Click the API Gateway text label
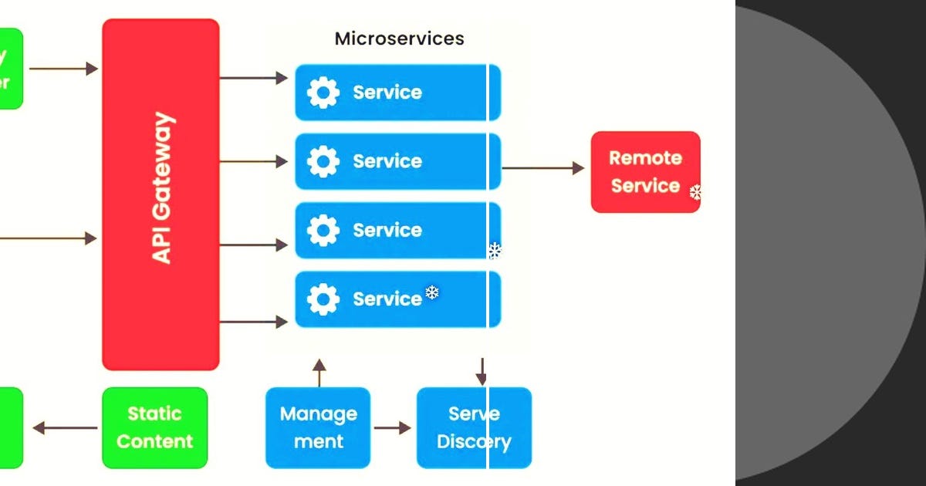(x=162, y=188)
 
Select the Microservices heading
(x=399, y=39)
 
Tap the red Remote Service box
(x=645, y=171)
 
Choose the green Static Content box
(x=154, y=427)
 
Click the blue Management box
(x=318, y=427)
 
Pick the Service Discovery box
(x=474, y=427)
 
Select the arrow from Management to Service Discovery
(x=393, y=427)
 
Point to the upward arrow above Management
(x=319, y=371)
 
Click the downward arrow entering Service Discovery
(x=481, y=371)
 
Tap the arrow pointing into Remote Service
(x=543, y=167)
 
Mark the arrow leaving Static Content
(x=66, y=427)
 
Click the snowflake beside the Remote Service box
(x=695, y=192)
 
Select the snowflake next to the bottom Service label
(x=432, y=292)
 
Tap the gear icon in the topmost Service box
(x=323, y=93)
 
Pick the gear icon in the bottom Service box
(x=323, y=299)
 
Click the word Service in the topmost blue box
(x=387, y=93)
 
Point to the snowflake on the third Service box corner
(x=495, y=250)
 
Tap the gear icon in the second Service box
(x=323, y=161)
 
